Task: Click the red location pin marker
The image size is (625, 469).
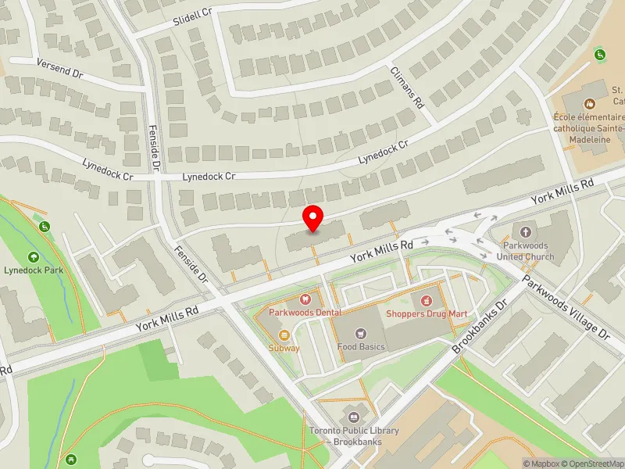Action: (313, 219)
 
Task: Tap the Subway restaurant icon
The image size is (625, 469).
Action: (284, 335)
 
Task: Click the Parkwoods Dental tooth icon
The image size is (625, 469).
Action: (305, 299)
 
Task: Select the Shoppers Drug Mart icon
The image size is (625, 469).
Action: (427, 300)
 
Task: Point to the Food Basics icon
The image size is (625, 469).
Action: (361, 334)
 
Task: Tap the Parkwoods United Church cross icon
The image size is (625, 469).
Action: (526, 232)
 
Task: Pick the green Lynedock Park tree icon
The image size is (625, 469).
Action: (34, 256)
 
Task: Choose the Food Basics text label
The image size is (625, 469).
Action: (361, 346)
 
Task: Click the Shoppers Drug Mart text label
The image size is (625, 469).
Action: (427, 313)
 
